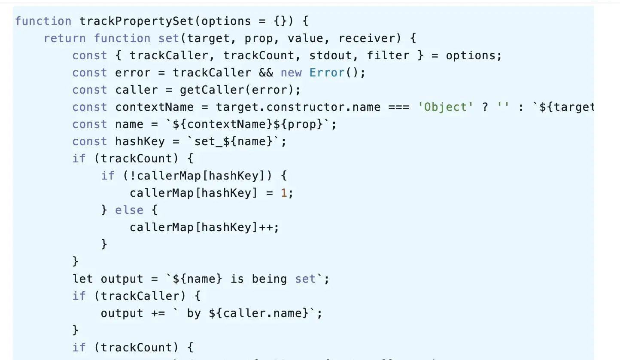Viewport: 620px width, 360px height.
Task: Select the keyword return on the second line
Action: tap(65, 38)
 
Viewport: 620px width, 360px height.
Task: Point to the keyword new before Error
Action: tap(291, 73)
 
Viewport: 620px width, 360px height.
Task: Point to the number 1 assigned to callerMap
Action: tap(284, 193)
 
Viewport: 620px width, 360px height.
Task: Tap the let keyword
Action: tap(82, 279)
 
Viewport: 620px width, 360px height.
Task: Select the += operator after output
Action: tap(158, 313)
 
